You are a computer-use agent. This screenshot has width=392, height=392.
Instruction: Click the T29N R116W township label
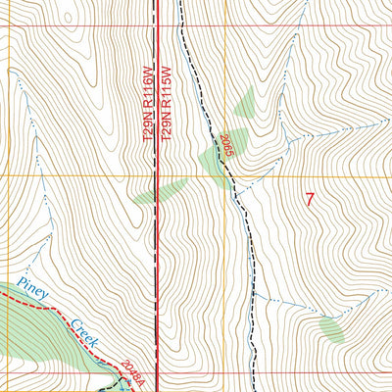coord(148,104)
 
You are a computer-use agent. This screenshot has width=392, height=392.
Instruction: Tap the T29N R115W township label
coord(168,104)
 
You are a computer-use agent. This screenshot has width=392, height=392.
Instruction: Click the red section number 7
coord(310,199)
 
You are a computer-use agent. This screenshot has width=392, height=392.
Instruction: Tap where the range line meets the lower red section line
coord(158,371)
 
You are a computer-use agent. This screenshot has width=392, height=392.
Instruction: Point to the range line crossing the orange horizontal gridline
coord(158,175)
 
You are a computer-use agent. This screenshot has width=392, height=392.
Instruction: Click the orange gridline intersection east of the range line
coord(224,175)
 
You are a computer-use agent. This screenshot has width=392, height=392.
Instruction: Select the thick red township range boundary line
coord(158,245)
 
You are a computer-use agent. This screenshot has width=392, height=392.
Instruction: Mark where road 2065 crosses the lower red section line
coord(253,371)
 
